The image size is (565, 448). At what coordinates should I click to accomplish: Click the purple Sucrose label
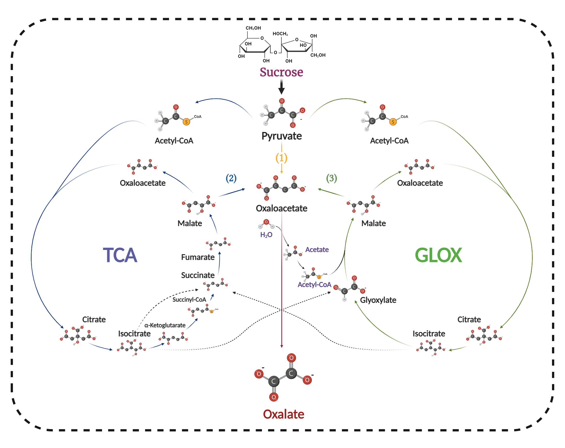pos(281,72)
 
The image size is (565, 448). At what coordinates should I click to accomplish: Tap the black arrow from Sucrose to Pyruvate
pos(281,87)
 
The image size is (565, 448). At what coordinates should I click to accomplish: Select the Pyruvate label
pos(281,136)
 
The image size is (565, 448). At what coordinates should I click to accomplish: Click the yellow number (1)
pos(281,158)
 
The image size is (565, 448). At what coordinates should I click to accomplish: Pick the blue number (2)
pos(231,178)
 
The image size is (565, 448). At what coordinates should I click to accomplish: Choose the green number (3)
pos(331,178)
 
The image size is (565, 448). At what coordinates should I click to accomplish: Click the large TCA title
pos(120,255)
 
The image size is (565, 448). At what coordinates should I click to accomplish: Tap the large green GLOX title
pos(438,255)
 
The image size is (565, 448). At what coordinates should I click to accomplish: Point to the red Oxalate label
pos(283,414)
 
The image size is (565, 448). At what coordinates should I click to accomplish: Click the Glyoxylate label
pos(378,300)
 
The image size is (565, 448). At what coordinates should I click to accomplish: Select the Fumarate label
pos(198,257)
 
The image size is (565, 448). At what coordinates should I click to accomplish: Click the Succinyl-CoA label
pos(189,300)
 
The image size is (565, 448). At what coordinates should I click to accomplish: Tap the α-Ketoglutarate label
pos(165,325)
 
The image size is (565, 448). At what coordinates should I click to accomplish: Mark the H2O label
pos(266,235)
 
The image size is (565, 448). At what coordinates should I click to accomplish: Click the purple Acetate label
pos(317,250)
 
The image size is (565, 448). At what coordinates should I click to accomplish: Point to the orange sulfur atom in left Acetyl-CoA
pos(186,122)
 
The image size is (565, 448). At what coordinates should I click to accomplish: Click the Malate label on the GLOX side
pos(373,223)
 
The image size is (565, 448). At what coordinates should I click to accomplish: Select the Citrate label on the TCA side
pos(94,320)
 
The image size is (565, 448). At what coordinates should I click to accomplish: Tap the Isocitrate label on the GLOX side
pos(429,334)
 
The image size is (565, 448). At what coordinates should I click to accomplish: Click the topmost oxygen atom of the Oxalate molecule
pos(291,358)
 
